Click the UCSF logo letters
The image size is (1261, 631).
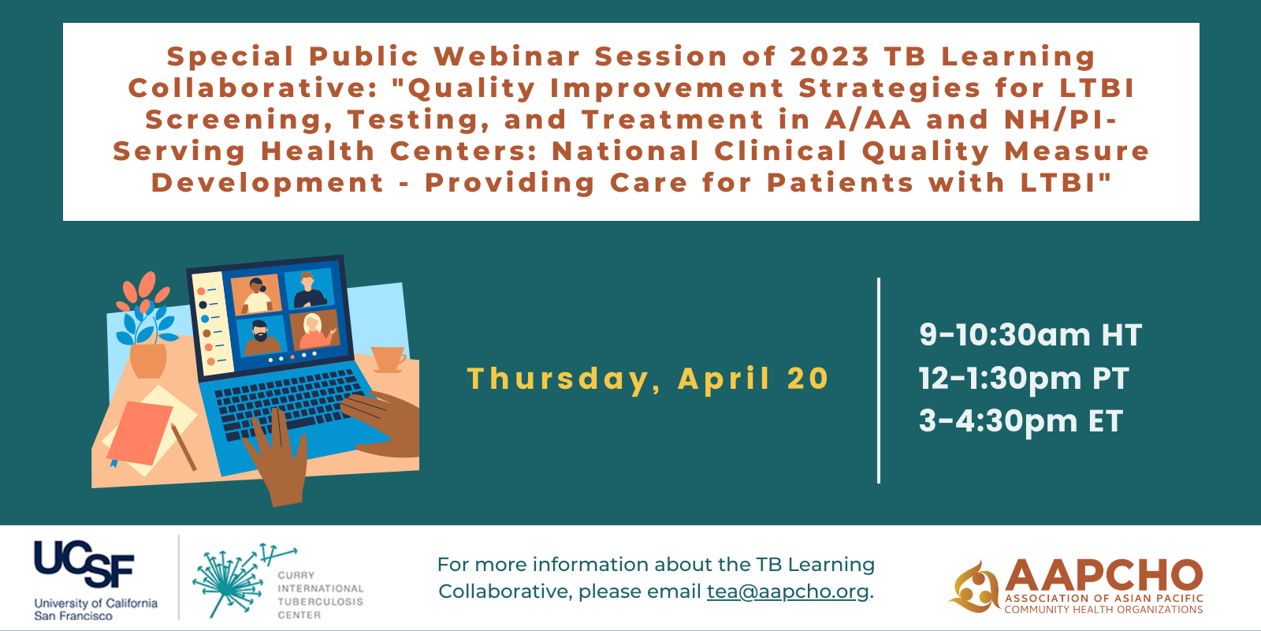(84, 564)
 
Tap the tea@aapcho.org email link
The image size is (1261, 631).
(787, 592)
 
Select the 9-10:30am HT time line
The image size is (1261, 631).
(1030, 334)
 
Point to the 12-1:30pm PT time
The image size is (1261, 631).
(1024, 378)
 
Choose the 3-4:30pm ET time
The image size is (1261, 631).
(1021, 421)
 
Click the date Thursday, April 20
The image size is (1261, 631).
(648, 379)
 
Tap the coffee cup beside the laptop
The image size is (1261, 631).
(389, 360)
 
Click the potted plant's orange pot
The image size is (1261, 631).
(148, 360)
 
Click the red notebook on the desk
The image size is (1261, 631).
(139, 433)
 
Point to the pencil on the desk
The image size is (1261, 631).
(184, 446)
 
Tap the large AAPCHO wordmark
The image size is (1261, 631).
(1103, 576)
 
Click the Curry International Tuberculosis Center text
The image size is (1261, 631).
(320, 595)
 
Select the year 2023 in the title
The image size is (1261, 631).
(830, 56)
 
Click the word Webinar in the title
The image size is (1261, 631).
(507, 56)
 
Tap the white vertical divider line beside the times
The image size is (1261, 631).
(878, 380)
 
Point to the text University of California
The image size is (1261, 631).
(95, 603)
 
